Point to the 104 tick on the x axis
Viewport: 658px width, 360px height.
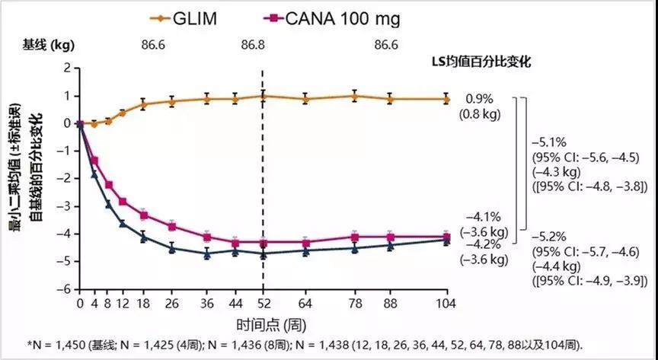(446, 303)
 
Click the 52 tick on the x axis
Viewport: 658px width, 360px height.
(263, 303)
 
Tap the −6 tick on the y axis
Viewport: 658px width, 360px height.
(66, 289)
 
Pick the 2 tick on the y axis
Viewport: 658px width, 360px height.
(69, 68)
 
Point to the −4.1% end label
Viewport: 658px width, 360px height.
(484, 215)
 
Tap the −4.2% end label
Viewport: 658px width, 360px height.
(484, 244)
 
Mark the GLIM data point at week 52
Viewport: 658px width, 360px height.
(263, 96)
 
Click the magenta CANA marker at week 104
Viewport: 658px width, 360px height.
(446, 237)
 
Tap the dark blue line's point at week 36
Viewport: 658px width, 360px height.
(207, 254)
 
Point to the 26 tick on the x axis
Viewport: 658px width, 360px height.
(171, 303)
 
